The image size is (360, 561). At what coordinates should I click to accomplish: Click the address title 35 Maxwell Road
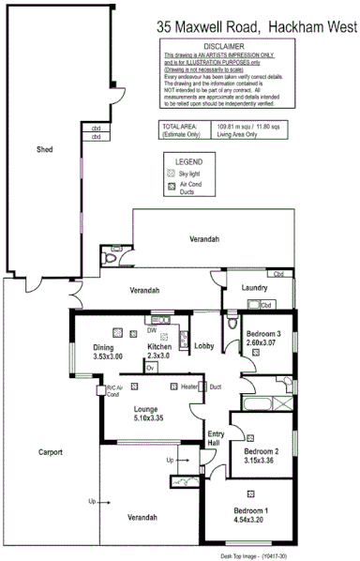201,29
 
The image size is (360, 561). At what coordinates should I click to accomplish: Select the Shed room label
44,149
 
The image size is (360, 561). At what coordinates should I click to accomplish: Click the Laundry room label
254,287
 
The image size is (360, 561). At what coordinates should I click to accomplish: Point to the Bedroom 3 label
262,334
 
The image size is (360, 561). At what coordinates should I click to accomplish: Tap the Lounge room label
145,408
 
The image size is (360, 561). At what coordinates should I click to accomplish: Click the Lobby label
204,347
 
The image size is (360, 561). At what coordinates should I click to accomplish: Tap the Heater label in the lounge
189,387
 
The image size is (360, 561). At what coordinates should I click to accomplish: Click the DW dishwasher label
152,330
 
